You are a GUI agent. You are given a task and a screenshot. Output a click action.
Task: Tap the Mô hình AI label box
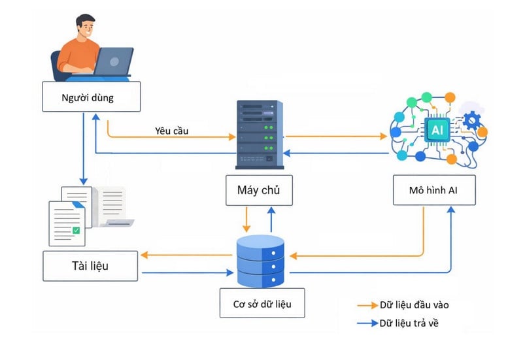pos(434,190)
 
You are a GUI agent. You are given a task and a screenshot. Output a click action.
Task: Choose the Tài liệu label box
pos(90,265)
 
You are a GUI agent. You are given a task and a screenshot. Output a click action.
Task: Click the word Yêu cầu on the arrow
pos(172,131)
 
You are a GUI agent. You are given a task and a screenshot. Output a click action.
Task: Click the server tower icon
pos(259,134)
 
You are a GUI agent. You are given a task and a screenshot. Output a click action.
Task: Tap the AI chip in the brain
pos(436,131)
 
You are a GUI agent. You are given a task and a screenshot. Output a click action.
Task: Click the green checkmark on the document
pos(76,230)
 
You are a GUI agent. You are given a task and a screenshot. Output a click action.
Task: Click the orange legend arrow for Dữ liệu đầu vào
pos(366,305)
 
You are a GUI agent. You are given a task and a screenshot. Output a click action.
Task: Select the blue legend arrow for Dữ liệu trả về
pos(366,323)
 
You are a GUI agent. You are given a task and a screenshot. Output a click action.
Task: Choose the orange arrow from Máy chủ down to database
pos(246,219)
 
